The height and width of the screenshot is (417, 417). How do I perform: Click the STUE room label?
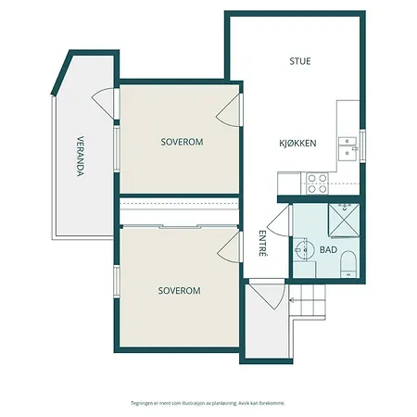[x=299, y=61]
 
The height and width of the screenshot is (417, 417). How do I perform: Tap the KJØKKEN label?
[x=298, y=144]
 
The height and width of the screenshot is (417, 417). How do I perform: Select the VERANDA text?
[x=81, y=158]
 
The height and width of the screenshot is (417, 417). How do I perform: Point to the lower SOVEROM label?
[x=179, y=290]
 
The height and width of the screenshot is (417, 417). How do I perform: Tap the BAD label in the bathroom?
[x=328, y=250]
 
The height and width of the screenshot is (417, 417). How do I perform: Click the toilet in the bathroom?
[x=347, y=265]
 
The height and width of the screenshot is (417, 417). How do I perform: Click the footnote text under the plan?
[x=208, y=403]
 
